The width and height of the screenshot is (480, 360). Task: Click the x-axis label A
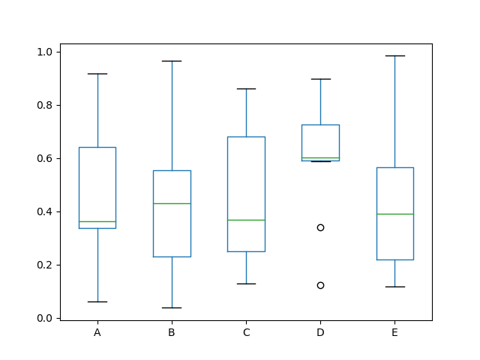click(97, 332)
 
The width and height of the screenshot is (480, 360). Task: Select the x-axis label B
click(172, 332)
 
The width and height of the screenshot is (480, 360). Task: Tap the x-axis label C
click(246, 332)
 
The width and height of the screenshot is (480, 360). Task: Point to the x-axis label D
click(320, 332)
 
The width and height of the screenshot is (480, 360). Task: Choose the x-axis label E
click(394, 332)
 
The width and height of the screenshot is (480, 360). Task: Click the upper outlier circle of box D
click(320, 227)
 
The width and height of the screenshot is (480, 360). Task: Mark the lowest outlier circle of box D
click(320, 285)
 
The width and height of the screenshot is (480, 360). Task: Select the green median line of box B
click(172, 203)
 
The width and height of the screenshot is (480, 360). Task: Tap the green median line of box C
click(246, 220)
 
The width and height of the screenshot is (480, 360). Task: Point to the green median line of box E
click(394, 214)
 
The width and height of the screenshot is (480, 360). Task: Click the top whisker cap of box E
click(394, 55)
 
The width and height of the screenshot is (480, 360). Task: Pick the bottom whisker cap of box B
click(172, 307)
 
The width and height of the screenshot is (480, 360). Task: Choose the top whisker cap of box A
click(97, 73)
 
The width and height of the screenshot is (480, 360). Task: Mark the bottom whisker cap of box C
click(246, 283)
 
